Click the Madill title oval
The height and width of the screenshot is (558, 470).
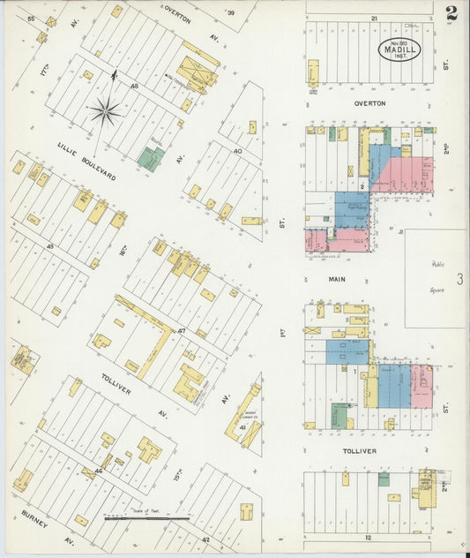400,49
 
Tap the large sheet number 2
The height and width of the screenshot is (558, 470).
451,13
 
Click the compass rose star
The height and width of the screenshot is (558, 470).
106,110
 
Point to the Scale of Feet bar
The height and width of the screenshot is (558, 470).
146,518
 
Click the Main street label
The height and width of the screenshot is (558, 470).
337,279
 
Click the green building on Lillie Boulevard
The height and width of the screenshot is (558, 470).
150,159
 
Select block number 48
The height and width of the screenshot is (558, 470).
134,86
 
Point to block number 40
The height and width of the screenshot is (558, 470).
237,151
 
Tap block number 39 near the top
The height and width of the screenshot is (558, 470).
232,12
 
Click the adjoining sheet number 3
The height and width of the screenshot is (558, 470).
459,280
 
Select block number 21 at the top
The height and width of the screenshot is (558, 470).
374,18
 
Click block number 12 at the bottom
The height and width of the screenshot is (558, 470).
373,536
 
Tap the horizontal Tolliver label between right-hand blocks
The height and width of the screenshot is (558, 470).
359,451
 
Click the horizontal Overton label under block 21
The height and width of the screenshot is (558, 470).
369,103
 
